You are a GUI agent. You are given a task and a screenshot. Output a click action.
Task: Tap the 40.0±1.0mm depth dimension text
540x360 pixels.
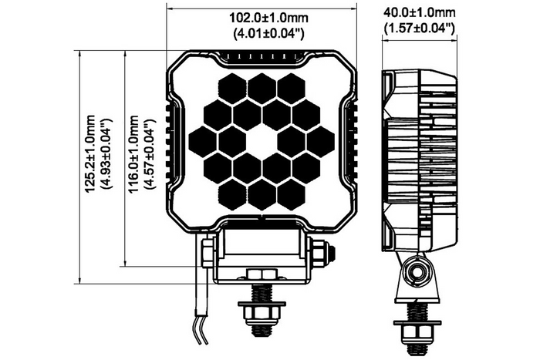(x=420, y=13)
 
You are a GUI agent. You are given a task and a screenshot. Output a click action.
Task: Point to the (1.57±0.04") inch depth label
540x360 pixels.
(x=420, y=29)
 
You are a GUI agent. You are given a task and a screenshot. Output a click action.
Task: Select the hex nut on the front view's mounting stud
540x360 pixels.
(x=262, y=312)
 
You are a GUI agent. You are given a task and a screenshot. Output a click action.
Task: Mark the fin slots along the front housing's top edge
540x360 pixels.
(x=262, y=56)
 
